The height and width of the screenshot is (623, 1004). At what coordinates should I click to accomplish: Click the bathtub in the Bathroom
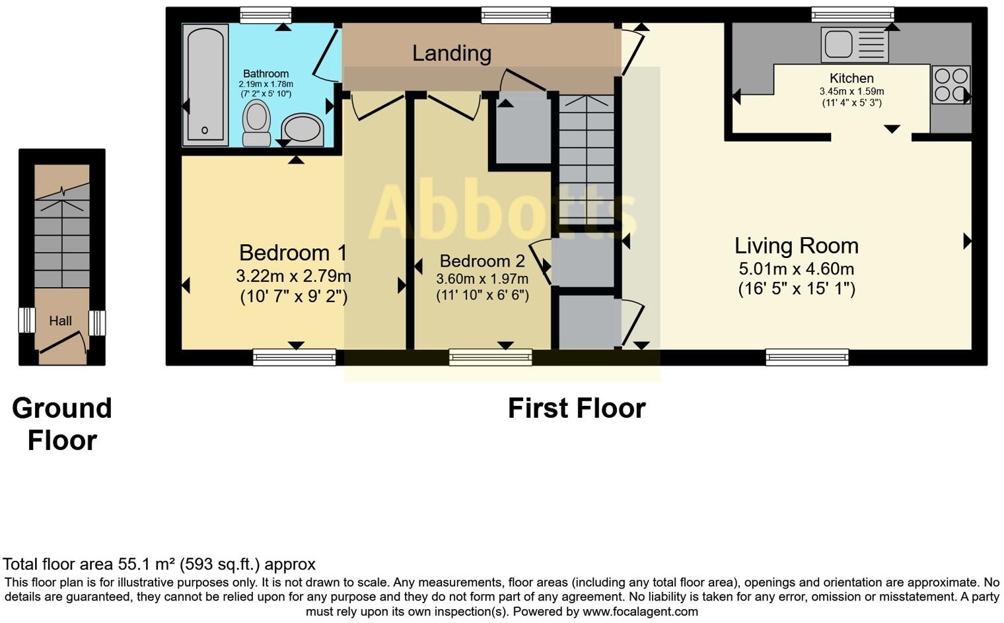(205, 84)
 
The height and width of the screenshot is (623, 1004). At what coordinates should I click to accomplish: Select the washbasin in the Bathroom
(303, 129)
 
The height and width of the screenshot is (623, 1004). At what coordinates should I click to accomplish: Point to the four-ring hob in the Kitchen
(951, 84)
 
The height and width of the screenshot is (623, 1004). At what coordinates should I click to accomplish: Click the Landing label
(452, 53)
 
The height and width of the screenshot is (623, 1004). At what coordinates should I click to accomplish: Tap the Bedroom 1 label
(293, 253)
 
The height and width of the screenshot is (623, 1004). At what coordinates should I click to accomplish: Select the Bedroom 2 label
(483, 261)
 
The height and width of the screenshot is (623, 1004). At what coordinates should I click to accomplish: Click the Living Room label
(796, 246)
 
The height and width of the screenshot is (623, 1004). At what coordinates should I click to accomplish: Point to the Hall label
(60, 321)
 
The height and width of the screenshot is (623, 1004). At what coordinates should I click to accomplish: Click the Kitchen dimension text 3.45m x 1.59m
(851, 92)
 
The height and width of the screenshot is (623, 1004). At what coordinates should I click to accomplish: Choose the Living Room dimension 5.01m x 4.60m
(796, 269)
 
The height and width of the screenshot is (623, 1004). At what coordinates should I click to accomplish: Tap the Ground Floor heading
(62, 424)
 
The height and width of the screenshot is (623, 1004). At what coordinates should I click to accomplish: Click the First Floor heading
(576, 409)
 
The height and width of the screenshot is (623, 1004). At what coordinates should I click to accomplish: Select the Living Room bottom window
(807, 358)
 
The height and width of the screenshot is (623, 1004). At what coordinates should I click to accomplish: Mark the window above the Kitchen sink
(852, 14)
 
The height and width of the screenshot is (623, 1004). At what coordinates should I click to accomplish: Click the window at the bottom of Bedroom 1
(294, 358)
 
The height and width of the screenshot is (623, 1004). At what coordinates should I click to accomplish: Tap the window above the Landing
(515, 14)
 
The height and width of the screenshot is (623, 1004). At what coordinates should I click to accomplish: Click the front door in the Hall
(63, 346)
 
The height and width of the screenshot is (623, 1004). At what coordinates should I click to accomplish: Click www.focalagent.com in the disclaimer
(640, 612)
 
